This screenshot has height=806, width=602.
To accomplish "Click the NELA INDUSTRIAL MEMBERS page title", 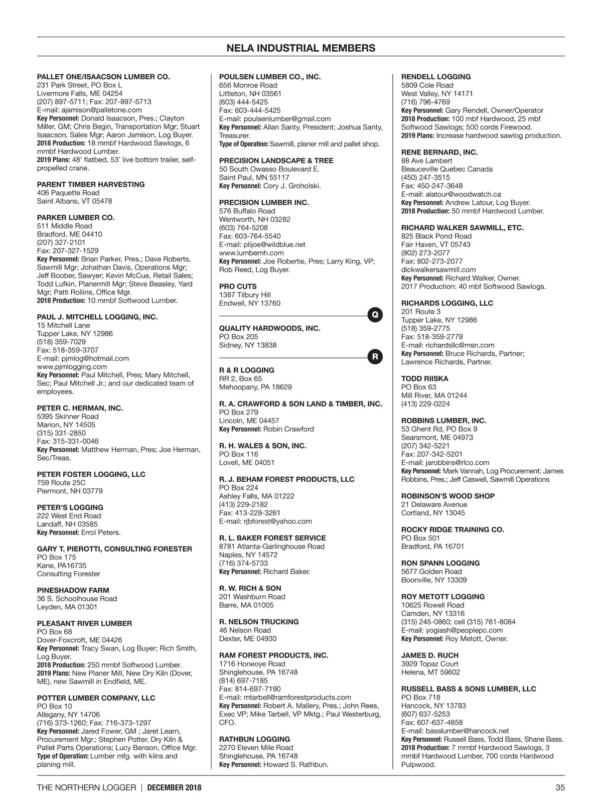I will (300, 48).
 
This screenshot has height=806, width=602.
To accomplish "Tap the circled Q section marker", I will (375, 315).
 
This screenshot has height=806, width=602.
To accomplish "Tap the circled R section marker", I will (375, 357).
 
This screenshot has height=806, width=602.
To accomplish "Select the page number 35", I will (560, 787).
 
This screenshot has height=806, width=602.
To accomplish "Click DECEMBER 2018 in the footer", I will (174, 787).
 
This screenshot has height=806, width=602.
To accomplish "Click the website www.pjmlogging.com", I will (72, 366).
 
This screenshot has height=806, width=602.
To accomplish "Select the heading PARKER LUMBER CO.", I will (76, 217).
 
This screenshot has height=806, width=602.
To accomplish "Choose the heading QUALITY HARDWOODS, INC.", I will (269, 328).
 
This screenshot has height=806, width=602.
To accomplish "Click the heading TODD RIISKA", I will (424, 378).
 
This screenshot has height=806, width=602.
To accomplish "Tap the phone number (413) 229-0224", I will (425, 404).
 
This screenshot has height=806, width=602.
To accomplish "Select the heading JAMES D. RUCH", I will (429, 655).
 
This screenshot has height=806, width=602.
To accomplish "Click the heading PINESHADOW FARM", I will (73, 590).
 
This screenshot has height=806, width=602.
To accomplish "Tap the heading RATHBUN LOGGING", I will (254, 739).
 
